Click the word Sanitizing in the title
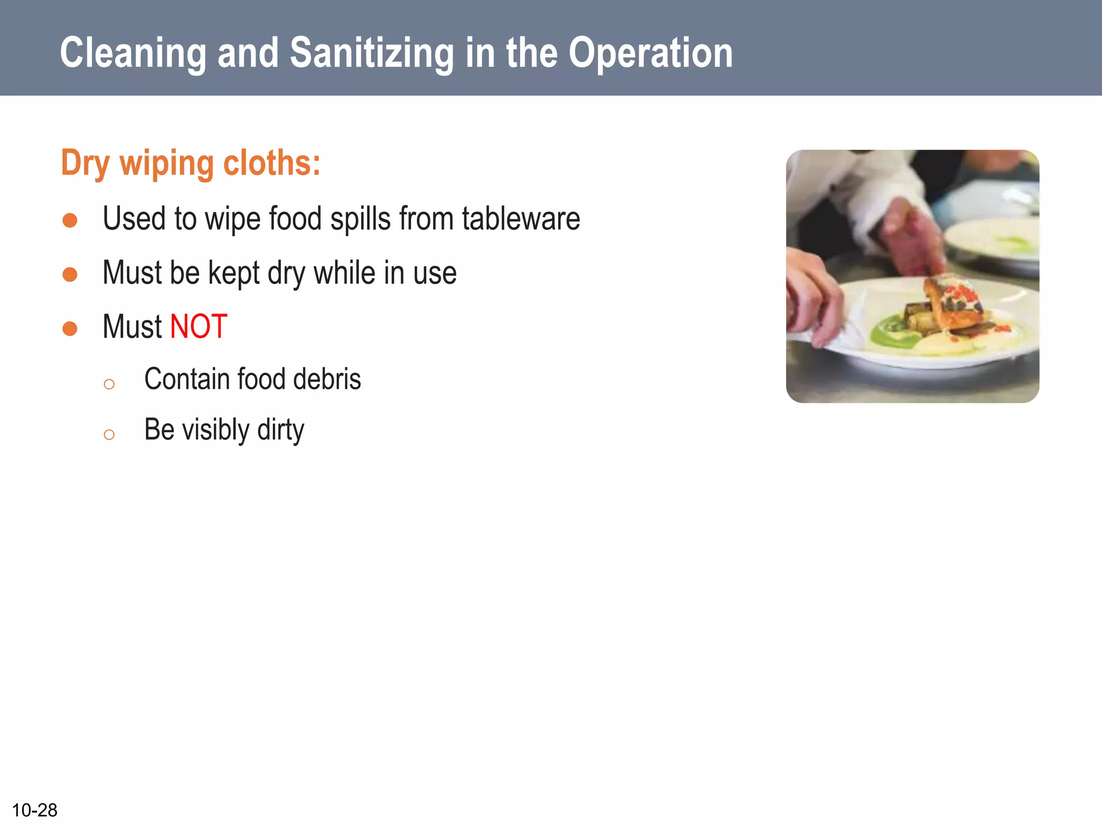(x=371, y=53)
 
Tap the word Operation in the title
(x=651, y=53)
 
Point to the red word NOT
(x=199, y=326)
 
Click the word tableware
(x=520, y=219)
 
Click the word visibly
(x=216, y=430)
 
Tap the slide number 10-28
(x=34, y=810)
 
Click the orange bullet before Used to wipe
(x=70, y=220)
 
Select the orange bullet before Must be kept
(x=70, y=275)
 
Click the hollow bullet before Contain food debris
(x=109, y=384)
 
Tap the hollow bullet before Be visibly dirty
(x=109, y=435)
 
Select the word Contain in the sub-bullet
(x=187, y=379)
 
